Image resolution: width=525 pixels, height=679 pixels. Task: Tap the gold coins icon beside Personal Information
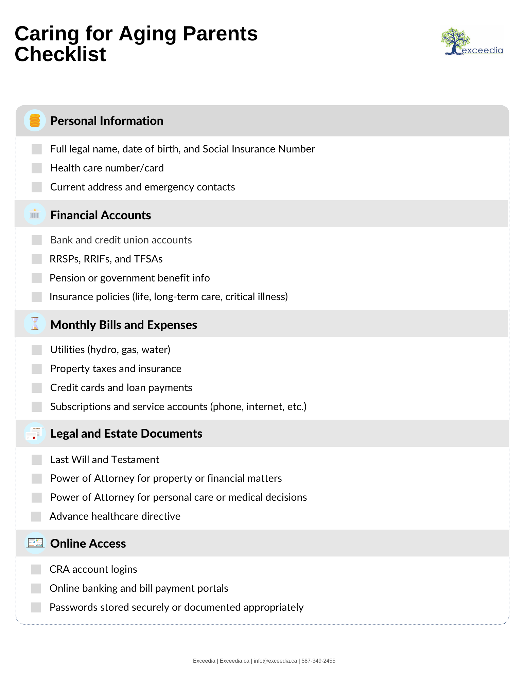click(35, 121)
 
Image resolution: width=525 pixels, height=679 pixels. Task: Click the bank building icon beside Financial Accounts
click(35, 214)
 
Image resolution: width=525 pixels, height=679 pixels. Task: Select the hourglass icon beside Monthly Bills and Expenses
click(35, 324)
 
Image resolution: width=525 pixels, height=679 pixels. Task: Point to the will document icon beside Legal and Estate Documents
click(35, 434)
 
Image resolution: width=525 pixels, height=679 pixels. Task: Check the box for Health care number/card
click(37, 168)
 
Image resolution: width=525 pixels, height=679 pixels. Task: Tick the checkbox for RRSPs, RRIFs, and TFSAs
click(37, 259)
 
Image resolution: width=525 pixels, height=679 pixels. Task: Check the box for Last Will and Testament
click(37, 460)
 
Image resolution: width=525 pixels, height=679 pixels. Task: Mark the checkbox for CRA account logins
click(36, 569)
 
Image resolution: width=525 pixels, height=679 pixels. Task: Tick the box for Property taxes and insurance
click(37, 369)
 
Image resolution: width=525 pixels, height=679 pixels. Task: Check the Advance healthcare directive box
click(36, 516)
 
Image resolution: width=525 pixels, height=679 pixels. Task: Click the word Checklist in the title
click(60, 54)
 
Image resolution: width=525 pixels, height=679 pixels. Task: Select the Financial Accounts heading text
click(101, 215)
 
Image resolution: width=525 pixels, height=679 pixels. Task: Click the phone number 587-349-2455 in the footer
click(318, 661)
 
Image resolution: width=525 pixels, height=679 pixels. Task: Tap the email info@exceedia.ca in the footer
click(275, 661)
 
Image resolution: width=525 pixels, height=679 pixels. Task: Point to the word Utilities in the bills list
click(67, 350)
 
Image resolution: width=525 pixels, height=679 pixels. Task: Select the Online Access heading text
click(88, 544)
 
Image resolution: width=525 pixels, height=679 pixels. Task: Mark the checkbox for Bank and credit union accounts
click(37, 240)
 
